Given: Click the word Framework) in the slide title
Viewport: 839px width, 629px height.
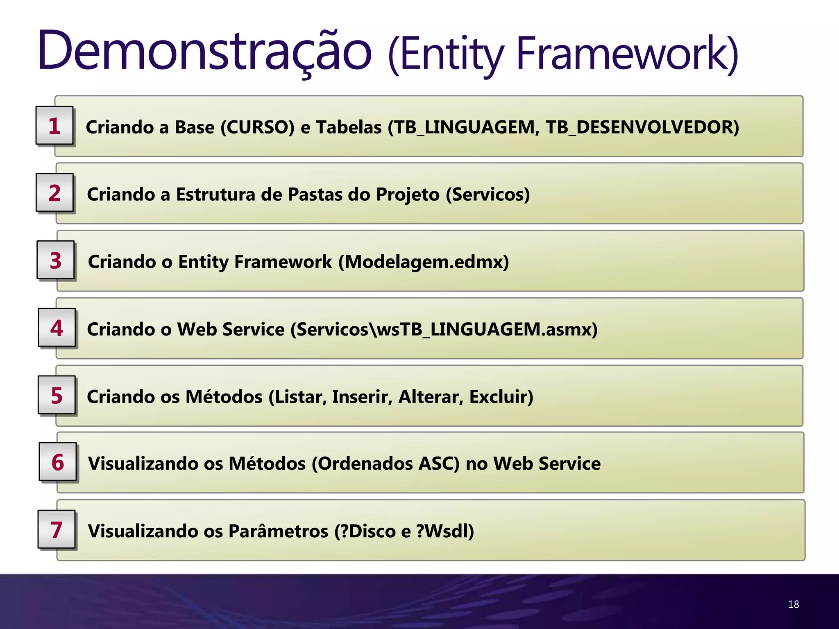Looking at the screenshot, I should [627, 53].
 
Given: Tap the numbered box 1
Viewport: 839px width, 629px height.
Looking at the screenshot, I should [54, 125].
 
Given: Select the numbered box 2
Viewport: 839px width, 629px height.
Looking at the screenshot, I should [55, 192].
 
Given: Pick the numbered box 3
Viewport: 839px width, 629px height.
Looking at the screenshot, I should [56, 260].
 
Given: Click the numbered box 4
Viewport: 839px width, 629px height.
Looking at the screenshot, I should [57, 328].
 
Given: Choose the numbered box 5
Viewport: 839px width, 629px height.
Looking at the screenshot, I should [57, 395].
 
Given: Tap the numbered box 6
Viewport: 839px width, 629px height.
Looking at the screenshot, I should [58, 462].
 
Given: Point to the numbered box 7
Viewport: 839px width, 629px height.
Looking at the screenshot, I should [57, 529].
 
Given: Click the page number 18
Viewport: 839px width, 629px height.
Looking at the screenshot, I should [793, 604].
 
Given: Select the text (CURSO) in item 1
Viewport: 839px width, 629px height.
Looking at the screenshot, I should [257, 127].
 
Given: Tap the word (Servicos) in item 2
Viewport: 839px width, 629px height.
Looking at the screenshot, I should [488, 195].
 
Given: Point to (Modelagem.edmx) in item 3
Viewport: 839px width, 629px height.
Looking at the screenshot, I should [424, 262].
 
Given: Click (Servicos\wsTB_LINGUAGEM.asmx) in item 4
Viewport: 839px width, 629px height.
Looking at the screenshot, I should [444, 329].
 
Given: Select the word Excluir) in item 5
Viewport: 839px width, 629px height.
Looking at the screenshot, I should [501, 397].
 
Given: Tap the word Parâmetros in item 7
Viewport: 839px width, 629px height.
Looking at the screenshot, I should [278, 531].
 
